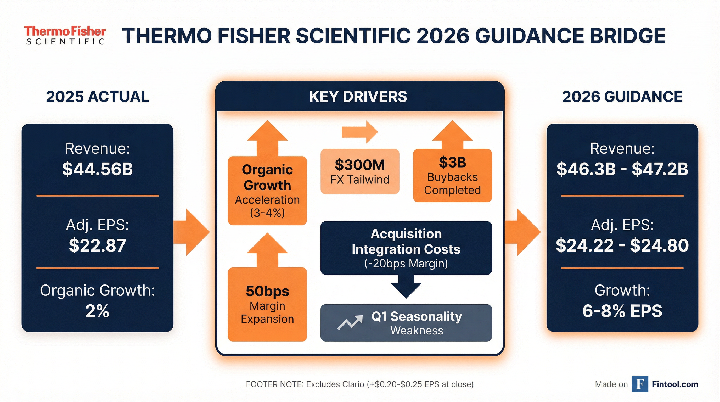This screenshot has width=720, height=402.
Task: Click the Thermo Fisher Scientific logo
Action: click(x=65, y=35)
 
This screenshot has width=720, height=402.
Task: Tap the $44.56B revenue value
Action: click(x=98, y=169)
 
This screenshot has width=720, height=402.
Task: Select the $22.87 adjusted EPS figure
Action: click(x=98, y=245)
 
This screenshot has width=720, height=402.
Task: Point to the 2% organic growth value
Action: click(x=97, y=311)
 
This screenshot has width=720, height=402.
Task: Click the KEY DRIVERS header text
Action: click(x=358, y=97)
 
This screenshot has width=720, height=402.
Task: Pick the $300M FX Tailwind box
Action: click(x=360, y=171)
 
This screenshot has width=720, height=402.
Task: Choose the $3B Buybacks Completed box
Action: click(x=453, y=176)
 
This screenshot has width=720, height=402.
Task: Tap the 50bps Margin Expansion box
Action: click(x=267, y=304)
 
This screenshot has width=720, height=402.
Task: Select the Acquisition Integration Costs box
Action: click(x=406, y=248)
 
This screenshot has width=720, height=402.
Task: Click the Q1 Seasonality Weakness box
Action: click(x=406, y=323)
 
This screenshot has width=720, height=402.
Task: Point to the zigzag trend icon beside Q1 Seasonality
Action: click(x=350, y=323)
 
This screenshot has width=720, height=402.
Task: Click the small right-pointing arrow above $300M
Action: click(x=360, y=132)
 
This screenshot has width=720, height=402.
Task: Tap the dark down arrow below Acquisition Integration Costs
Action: click(x=406, y=287)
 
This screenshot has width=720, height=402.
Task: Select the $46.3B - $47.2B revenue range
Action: click(x=622, y=169)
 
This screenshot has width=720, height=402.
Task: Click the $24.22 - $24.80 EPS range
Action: click(x=622, y=245)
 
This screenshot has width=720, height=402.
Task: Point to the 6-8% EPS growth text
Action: click(x=622, y=311)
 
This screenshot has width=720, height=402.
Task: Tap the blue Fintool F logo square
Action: click(x=640, y=384)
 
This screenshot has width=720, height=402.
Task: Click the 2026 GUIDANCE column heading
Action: click(x=622, y=97)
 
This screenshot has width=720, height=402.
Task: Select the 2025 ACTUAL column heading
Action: click(x=97, y=97)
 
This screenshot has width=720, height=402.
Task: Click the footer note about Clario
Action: click(x=360, y=384)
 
